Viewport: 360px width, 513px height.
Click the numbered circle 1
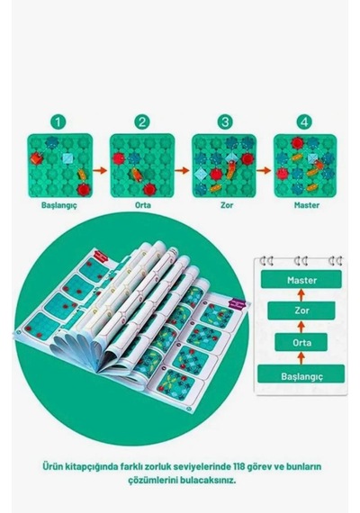coord(58,122)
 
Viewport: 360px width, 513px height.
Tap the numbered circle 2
coord(142,122)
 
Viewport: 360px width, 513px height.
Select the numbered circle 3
coord(225,122)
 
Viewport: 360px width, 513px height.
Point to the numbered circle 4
coord(304,122)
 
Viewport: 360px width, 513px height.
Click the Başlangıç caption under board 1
coord(59,205)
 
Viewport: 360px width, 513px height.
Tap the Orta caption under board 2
coord(143,205)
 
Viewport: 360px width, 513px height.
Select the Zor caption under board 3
coord(227,205)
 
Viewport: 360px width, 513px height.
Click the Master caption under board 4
coord(307,205)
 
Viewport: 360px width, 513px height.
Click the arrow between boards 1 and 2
coord(100,170)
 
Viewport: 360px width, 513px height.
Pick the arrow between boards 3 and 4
coord(264,170)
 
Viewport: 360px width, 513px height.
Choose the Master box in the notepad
coord(301,279)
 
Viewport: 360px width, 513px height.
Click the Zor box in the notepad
coord(301,310)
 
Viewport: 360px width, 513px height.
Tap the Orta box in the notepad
coord(301,342)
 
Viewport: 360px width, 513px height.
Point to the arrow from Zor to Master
coord(301,295)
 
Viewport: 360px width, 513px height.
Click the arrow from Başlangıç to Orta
coord(301,358)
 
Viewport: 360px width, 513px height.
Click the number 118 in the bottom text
coord(239,466)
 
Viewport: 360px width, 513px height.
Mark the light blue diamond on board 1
coord(68,158)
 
